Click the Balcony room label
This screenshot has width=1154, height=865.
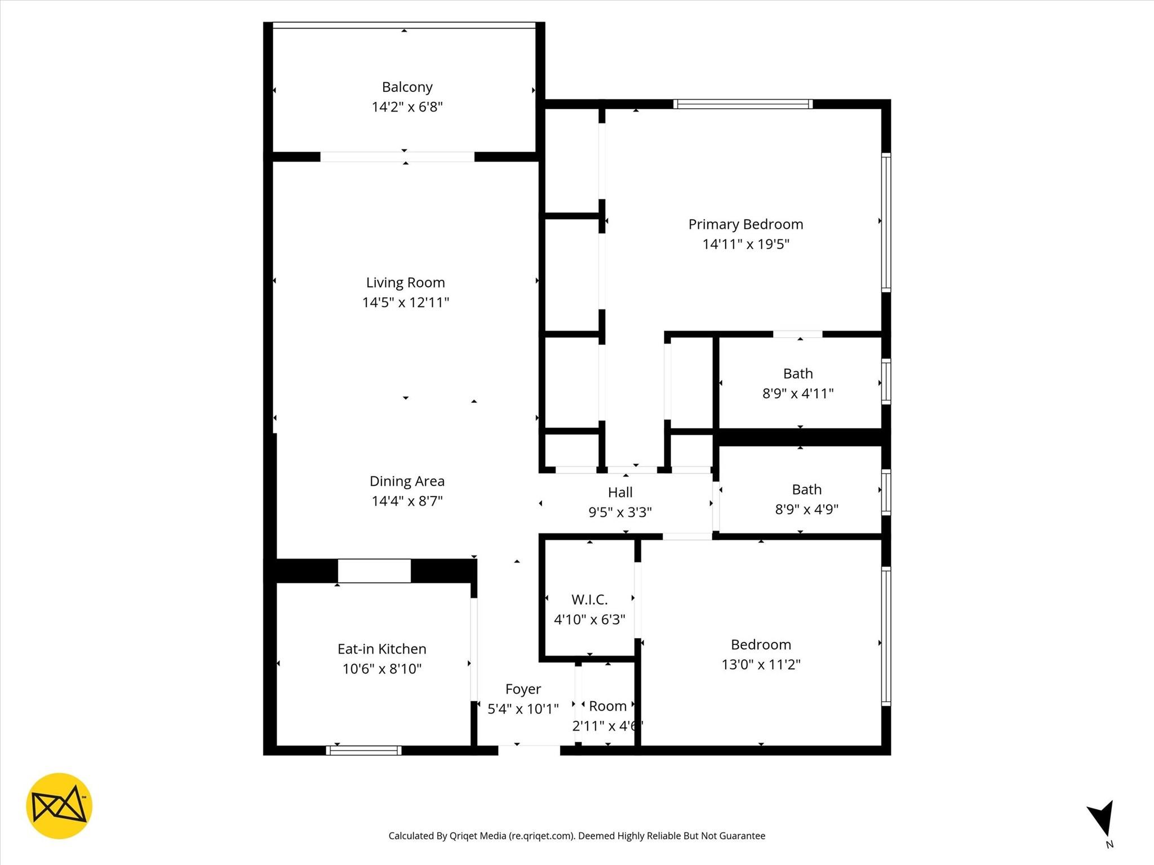tap(407, 87)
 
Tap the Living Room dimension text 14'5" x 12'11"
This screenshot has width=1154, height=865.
tap(405, 302)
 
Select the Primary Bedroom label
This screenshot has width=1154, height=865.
tap(745, 224)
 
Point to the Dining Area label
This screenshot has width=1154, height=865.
tap(407, 481)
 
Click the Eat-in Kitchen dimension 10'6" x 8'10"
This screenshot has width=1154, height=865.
tap(382, 668)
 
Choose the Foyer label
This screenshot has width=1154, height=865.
tap(523, 689)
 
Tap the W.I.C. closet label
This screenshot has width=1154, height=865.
tap(589, 599)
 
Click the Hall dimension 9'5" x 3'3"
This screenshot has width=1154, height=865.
tap(620, 512)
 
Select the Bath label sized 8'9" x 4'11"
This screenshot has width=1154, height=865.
tap(798, 373)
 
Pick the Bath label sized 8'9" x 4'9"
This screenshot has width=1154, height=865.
tap(806, 489)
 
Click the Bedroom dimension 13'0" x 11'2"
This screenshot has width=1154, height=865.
tap(761, 664)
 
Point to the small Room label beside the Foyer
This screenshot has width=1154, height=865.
tap(607, 706)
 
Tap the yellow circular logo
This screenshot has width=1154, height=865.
tap(59, 806)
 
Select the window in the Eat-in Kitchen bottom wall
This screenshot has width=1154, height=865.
tap(363, 750)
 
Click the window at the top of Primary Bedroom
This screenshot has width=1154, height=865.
tap(743, 104)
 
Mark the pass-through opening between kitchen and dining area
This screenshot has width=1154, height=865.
tap(374, 570)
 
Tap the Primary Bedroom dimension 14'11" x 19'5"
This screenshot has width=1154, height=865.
tap(745, 244)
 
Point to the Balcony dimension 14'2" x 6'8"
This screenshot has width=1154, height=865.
tap(407, 107)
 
